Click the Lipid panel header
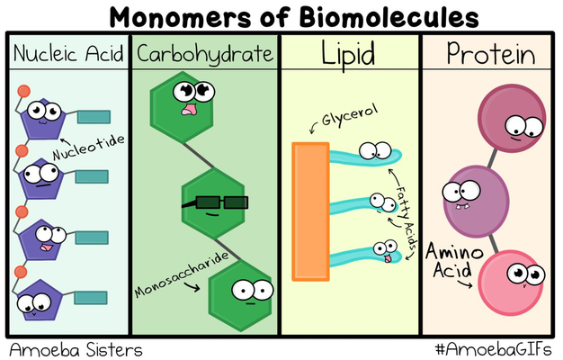[x=348, y=55]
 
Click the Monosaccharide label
[x=185, y=273]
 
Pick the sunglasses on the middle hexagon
[x=214, y=202]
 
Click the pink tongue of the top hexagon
[x=191, y=109]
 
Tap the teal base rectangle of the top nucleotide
[x=94, y=116]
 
